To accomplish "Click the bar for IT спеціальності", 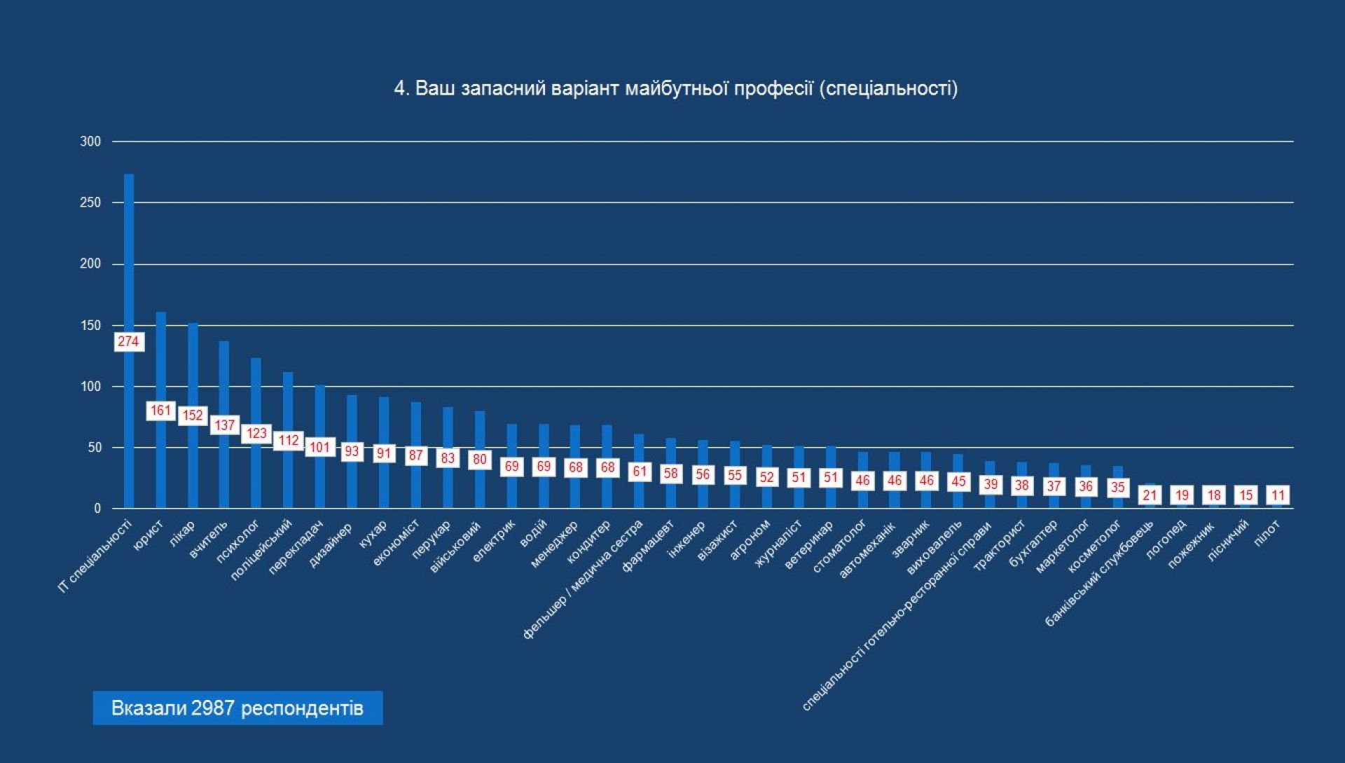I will coord(129,266).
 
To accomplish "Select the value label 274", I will coord(129,342).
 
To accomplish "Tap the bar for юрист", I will coord(161,364).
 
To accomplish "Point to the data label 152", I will coord(193,415).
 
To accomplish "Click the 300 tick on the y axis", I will coord(91,142).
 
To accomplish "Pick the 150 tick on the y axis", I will coord(91,325).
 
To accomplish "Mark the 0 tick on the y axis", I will coord(97,509).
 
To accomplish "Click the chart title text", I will coord(675,89).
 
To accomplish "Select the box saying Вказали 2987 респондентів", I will coord(237,708).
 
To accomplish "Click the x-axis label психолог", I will coord(237,542).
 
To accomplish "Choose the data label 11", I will coord(1278,495).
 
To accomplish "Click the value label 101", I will coord(320,447).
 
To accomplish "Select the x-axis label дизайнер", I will coord(331,545).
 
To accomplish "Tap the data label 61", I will coord(640,472).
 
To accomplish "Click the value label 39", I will coord(991,484).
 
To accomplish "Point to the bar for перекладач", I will coord(320,413).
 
